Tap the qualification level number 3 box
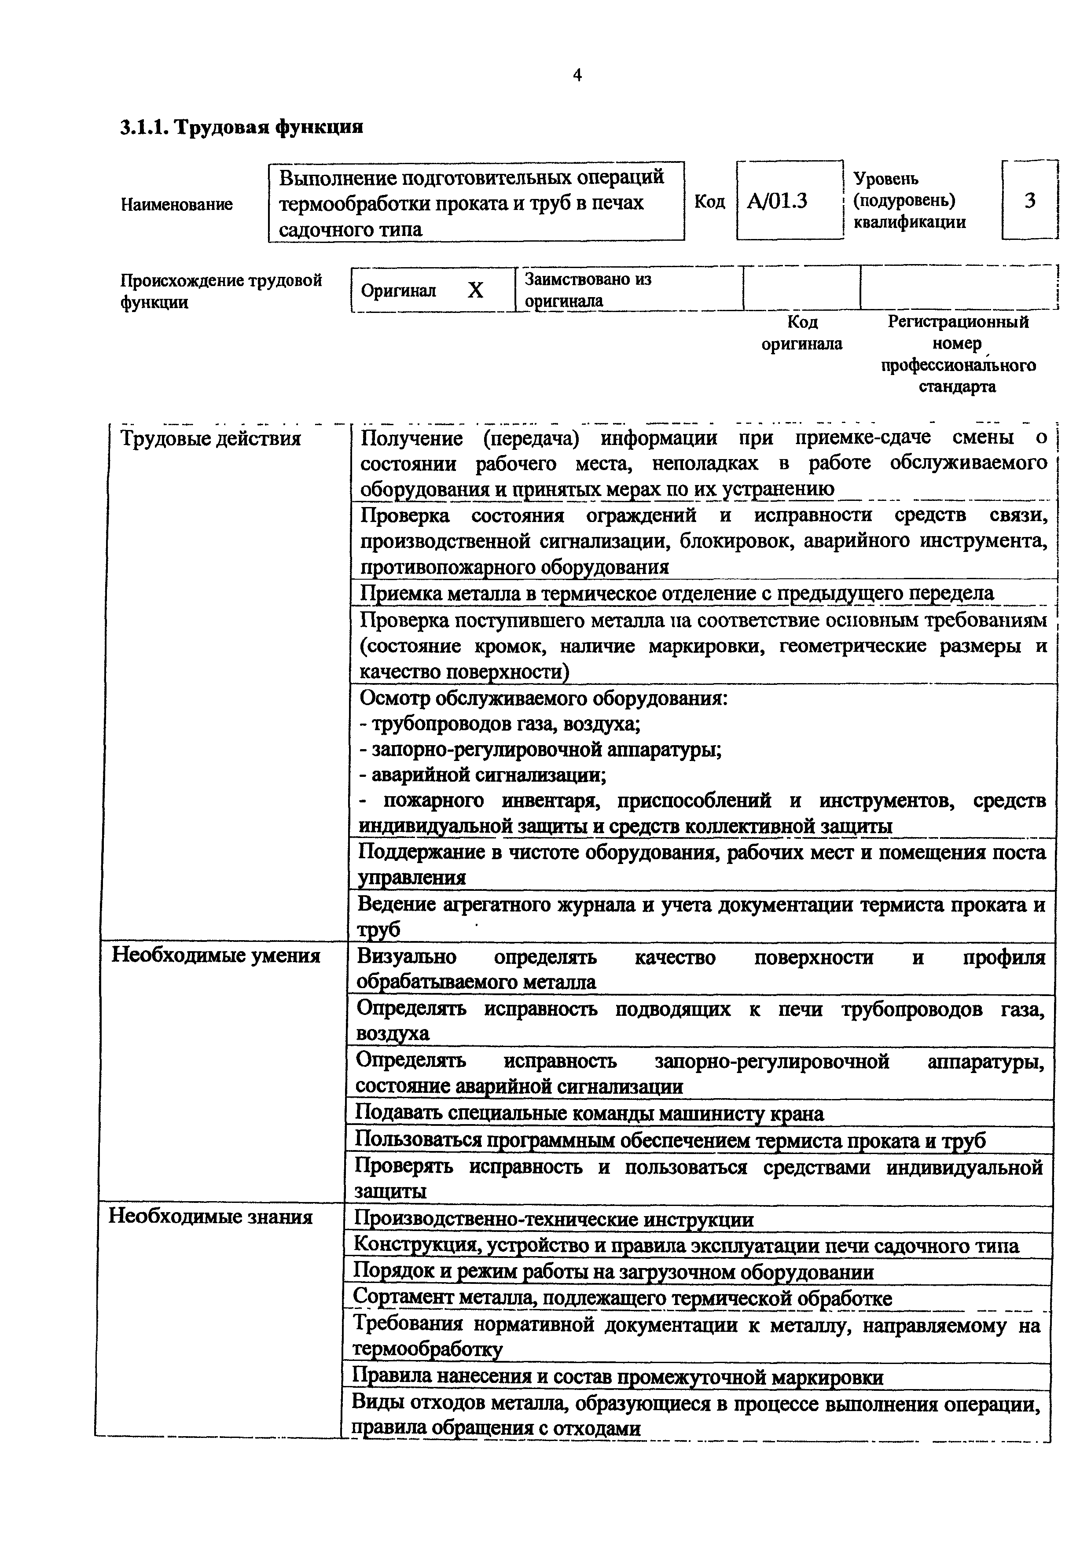point(1029,200)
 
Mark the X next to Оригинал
point(475,290)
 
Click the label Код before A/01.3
point(709,202)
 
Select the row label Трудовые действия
point(210,439)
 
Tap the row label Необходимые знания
point(210,1217)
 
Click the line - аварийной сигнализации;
point(483,776)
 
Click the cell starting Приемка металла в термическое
point(676,593)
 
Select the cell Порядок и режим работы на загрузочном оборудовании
point(613,1272)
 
